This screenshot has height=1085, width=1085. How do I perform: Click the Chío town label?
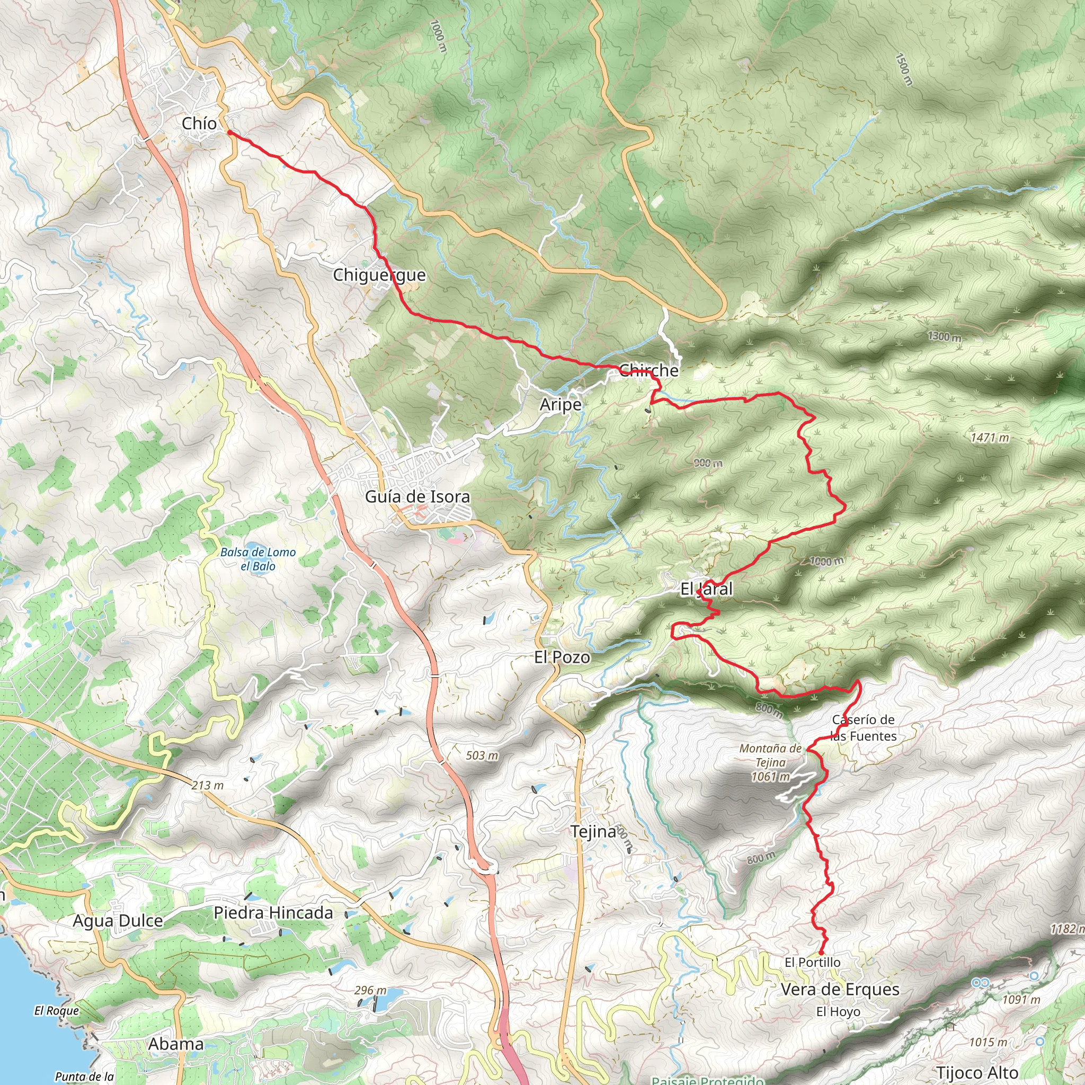199,123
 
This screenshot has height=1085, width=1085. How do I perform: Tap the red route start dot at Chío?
229,132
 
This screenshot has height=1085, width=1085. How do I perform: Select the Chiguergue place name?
379,275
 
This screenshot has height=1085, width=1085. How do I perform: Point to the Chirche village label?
648,370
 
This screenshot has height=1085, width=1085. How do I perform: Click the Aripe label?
561,404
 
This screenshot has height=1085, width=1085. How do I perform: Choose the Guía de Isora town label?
417,496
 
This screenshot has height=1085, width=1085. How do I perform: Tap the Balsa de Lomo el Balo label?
258,559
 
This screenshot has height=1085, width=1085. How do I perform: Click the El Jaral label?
707,589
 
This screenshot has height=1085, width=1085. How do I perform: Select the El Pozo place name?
562,657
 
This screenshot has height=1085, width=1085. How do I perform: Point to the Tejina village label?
593,831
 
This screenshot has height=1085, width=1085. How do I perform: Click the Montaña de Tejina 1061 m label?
770,763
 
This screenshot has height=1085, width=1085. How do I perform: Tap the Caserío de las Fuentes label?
863,728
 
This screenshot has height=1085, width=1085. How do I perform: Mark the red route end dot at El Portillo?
821,953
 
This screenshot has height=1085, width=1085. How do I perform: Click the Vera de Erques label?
840,990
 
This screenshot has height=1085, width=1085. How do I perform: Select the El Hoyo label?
838,1011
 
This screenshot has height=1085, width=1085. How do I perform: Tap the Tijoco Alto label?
977,1073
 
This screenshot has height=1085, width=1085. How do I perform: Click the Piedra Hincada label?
273,913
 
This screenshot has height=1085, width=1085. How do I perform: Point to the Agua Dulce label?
118,920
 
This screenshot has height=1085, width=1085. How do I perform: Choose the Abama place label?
176,1044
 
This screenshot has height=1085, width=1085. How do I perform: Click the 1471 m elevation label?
990,438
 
